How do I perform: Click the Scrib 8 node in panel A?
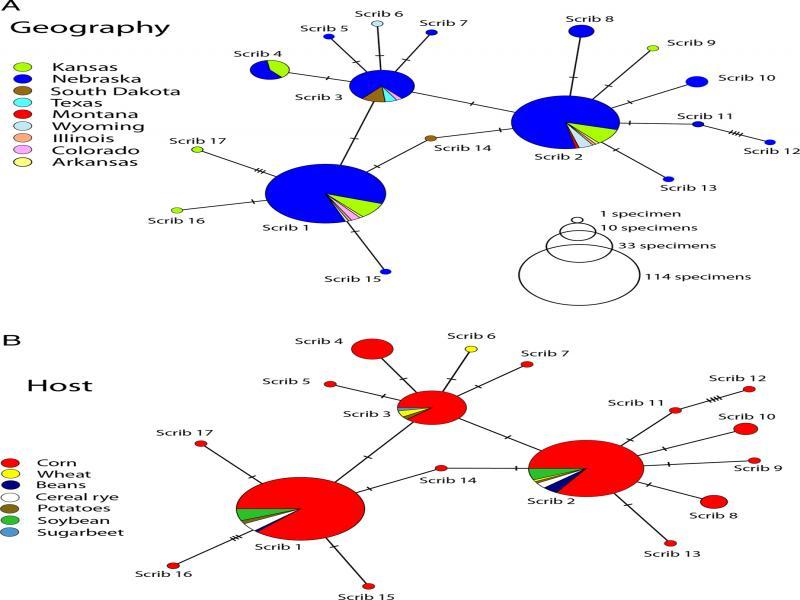(580, 32)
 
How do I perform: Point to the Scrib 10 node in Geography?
(696, 81)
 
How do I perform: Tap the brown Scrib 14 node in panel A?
(430, 138)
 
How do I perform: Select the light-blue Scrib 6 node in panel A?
(377, 23)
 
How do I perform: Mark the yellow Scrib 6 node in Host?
(471, 349)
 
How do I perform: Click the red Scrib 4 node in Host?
(372, 349)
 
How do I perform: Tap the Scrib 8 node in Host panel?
(713, 501)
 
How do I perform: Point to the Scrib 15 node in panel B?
(369, 586)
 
